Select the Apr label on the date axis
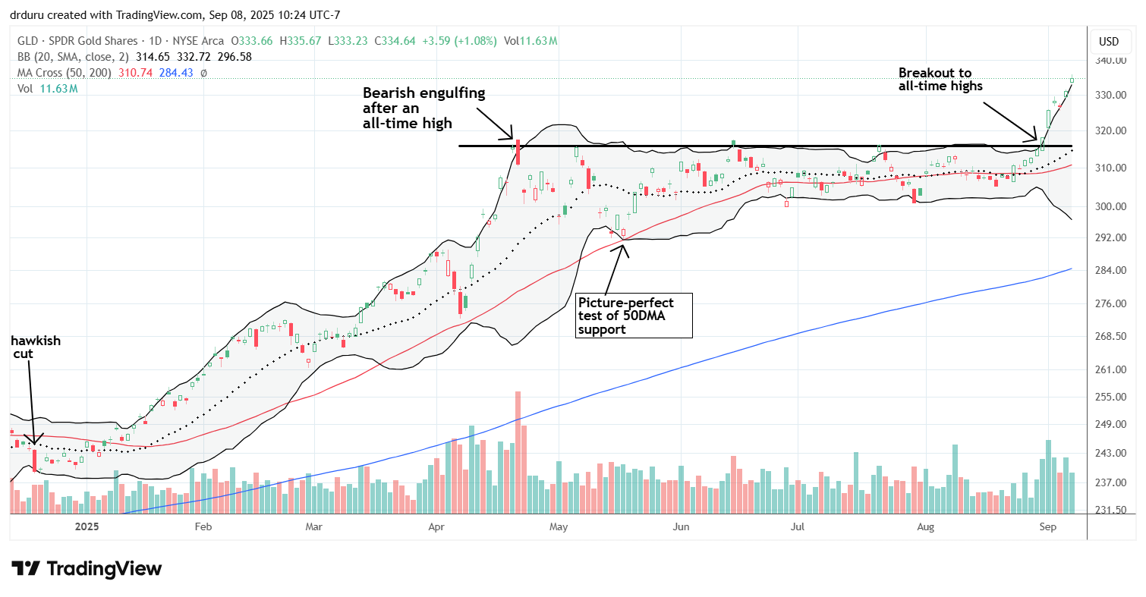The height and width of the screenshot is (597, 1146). click(x=436, y=525)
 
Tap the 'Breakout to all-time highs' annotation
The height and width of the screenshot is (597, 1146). click(x=940, y=80)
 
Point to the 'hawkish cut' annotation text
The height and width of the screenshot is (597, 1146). click(x=36, y=348)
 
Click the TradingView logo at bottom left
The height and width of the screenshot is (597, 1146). click(x=87, y=568)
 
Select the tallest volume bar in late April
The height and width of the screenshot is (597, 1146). click(x=518, y=452)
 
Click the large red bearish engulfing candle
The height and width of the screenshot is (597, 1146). click(x=518, y=152)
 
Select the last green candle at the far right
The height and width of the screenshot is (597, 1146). click(x=1072, y=79)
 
